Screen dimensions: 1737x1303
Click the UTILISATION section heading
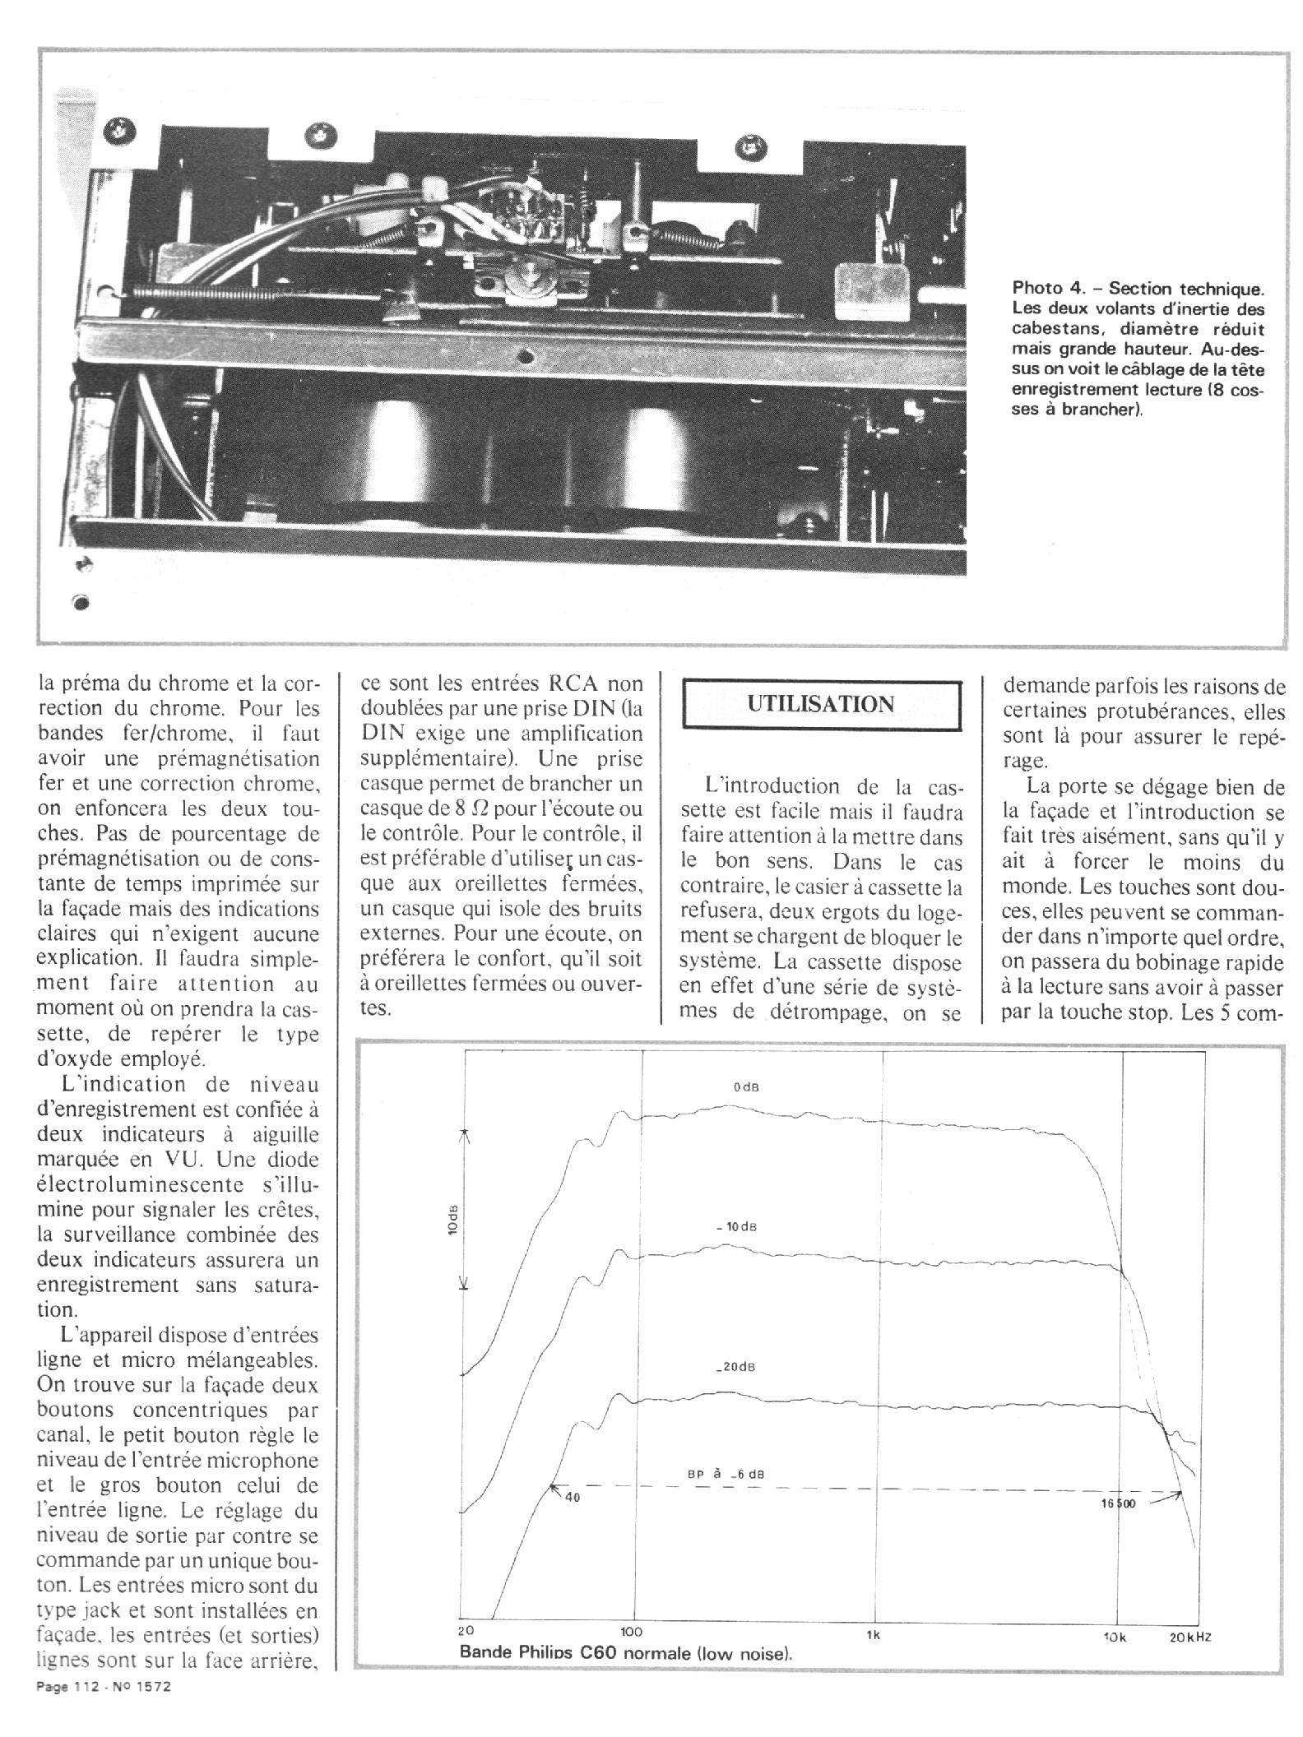tap(820, 705)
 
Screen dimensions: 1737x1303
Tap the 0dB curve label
tap(746, 1087)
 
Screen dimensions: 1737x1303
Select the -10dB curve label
tap(737, 1227)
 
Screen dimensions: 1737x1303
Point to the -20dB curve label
tap(735, 1367)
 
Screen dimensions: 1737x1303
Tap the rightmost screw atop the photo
tap(750, 146)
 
